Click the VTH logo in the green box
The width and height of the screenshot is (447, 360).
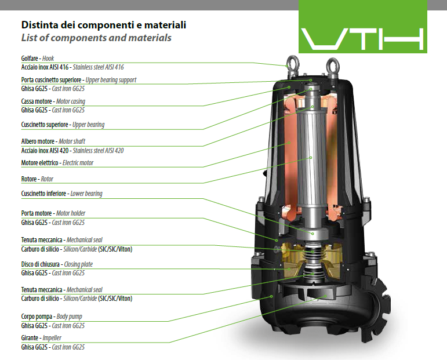pyautogui.click(x=362, y=39)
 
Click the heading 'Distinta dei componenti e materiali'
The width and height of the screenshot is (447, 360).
pyautogui.click(x=104, y=25)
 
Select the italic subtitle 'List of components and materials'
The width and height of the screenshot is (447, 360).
pyautogui.click(x=96, y=38)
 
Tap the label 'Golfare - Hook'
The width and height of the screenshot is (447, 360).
pyautogui.click(x=37, y=59)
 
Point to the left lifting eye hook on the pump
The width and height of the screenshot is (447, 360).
pyautogui.click(x=293, y=66)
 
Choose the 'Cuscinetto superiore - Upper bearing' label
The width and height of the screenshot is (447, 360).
pyautogui.click(x=63, y=125)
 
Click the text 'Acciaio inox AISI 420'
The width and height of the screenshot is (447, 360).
pyautogui.click(x=45, y=151)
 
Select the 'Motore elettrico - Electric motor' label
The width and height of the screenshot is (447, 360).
pyautogui.click(x=57, y=163)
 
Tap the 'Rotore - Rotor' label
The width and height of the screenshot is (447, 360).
pyautogui.click(x=37, y=179)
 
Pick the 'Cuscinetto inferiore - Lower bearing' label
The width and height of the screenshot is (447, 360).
pyautogui.click(x=61, y=194)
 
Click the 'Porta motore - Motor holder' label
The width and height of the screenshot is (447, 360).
pyautogui.click(x=53, y=213)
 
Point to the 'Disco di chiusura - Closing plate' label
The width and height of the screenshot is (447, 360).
pyautogui.click(x=57, y=264)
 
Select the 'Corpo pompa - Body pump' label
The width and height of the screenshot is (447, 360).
pyautogui.click(x=52, y=317)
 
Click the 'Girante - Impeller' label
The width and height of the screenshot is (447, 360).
pyautogui.click(x=41, y=338)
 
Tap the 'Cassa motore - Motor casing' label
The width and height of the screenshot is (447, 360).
pyautogui.click(x=53, y=101)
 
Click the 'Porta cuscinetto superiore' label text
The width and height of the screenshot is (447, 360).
pyautogui.click(x=51, y=80)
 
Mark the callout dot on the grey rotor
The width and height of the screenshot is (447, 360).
pyautogui.click(x=311, y=158)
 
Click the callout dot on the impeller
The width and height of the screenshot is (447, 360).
pyautogui.click(x=326, y=296)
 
